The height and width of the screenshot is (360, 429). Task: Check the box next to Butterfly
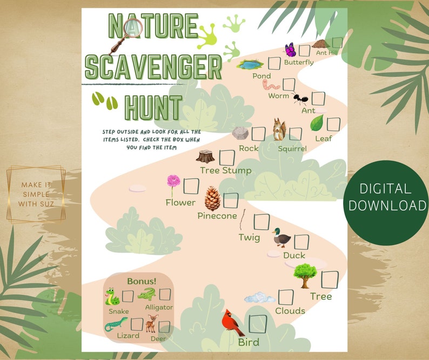tap(305, 50)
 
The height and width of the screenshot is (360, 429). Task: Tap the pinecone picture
tap(212, 199)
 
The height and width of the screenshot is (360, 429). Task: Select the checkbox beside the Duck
tap(301, 242)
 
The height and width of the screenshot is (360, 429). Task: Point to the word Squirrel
tap(292, 148)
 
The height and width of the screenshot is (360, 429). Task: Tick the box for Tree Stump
tap(227, 158)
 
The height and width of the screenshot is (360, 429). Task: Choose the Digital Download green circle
tap(386, 196)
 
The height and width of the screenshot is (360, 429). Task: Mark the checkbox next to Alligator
tap(165, 295)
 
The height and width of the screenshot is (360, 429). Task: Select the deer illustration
tap(151, 324)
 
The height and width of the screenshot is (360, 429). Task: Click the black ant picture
tap(300, 99)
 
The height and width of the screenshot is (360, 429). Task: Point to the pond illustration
tap(251, 65)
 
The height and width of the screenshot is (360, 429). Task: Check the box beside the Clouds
tap(286, 296)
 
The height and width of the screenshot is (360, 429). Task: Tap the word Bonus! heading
tap(142, 281)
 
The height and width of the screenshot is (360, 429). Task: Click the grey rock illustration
tap(240, 133)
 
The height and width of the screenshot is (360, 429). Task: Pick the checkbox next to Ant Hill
tap(338, 43)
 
